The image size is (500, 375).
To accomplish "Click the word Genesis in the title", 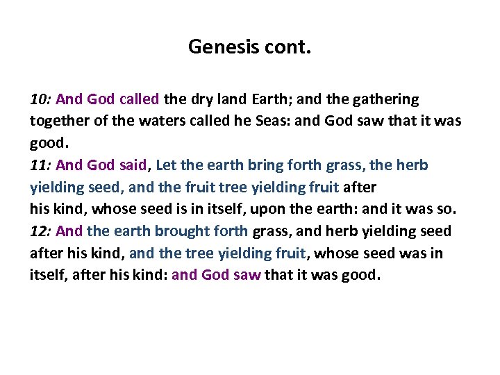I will pos(220,47).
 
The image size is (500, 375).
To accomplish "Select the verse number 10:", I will pos(41,99).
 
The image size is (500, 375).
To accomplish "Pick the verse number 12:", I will pos(41,231).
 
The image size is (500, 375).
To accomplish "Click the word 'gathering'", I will pos(386,99).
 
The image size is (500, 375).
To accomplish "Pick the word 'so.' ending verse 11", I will pos(447,208).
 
